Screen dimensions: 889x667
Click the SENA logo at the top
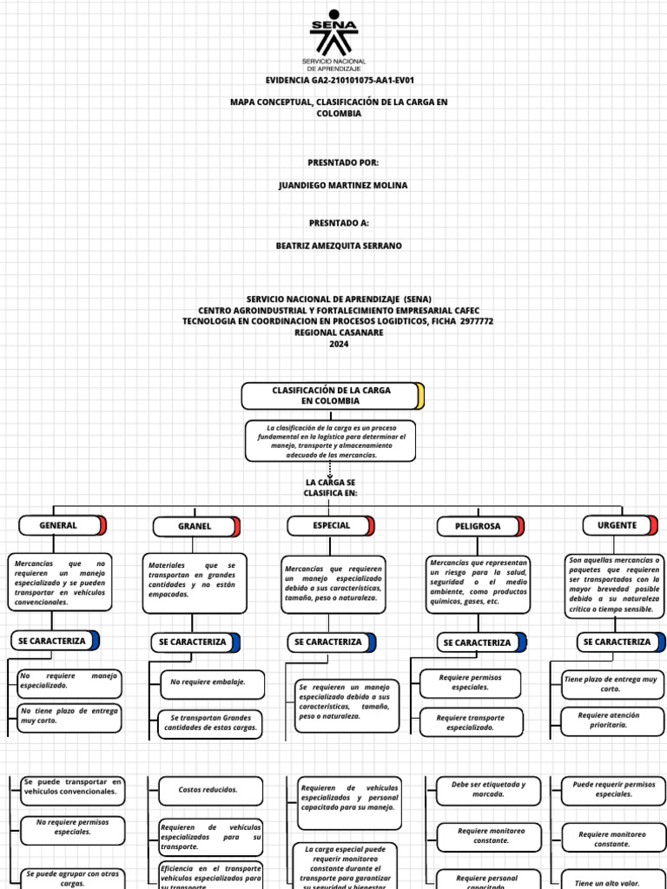point(333,38)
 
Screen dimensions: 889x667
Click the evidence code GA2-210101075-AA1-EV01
point(333,80)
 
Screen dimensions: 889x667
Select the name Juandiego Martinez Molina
point(342,186)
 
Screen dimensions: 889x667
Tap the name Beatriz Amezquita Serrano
point(339,246)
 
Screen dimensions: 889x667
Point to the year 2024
point(338,344)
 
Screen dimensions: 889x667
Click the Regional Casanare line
point(338,333)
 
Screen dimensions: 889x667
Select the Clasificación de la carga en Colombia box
point(332,396)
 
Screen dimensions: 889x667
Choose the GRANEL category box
point(195,526)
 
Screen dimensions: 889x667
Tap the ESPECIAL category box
point(331,525)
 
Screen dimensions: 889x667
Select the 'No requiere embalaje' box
point(208,682)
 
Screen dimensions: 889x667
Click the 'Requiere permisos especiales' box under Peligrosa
point(470,682)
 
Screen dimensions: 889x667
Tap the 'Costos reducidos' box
point(209,790)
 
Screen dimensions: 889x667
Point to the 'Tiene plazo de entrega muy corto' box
point(611,683)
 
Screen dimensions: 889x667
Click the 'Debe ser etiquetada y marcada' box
point(489,789)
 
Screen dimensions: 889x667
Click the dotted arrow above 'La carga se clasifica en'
point(330,469)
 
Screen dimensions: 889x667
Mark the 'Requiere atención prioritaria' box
point(614,720)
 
